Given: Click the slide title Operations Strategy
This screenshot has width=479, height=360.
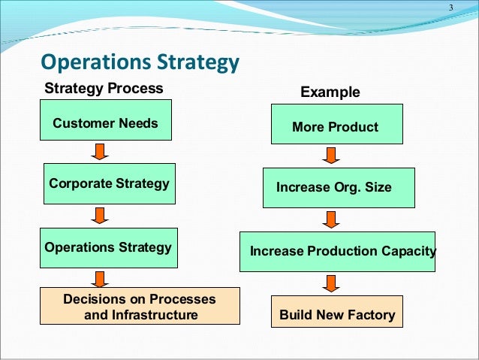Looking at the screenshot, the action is [140, 62].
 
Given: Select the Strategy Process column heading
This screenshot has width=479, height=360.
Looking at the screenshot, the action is [104, 88].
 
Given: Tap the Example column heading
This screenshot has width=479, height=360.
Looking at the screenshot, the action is [330, 92].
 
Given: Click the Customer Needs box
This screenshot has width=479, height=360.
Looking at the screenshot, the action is [106, 123].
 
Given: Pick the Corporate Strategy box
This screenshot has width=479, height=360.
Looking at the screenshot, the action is [110, 183].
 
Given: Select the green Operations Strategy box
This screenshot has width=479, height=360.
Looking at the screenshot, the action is [110, 247].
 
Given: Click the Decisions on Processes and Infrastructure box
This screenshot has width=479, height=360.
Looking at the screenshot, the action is [140, 306].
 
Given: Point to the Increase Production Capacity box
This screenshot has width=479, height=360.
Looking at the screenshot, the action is [338, 251].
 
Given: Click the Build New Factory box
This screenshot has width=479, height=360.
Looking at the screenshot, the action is [337, 314].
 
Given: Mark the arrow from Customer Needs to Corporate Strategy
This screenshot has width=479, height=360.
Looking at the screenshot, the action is [100, 153].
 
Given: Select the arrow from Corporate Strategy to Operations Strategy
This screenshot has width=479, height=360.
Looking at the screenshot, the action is [100, 216].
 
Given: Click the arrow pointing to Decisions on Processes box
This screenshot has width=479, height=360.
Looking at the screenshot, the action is [100, 277].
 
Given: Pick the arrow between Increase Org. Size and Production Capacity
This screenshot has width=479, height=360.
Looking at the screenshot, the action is [330, 220].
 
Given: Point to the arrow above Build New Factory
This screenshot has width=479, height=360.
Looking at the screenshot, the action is [330, 284].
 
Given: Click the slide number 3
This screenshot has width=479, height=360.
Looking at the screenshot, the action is [451, 8].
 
